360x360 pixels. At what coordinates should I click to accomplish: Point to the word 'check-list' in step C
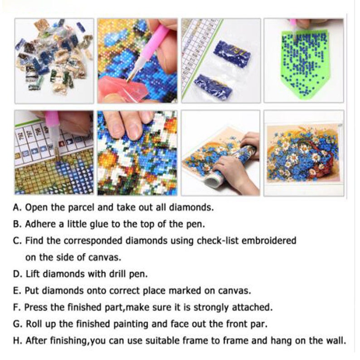214,240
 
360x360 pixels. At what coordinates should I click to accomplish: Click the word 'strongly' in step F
211,307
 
